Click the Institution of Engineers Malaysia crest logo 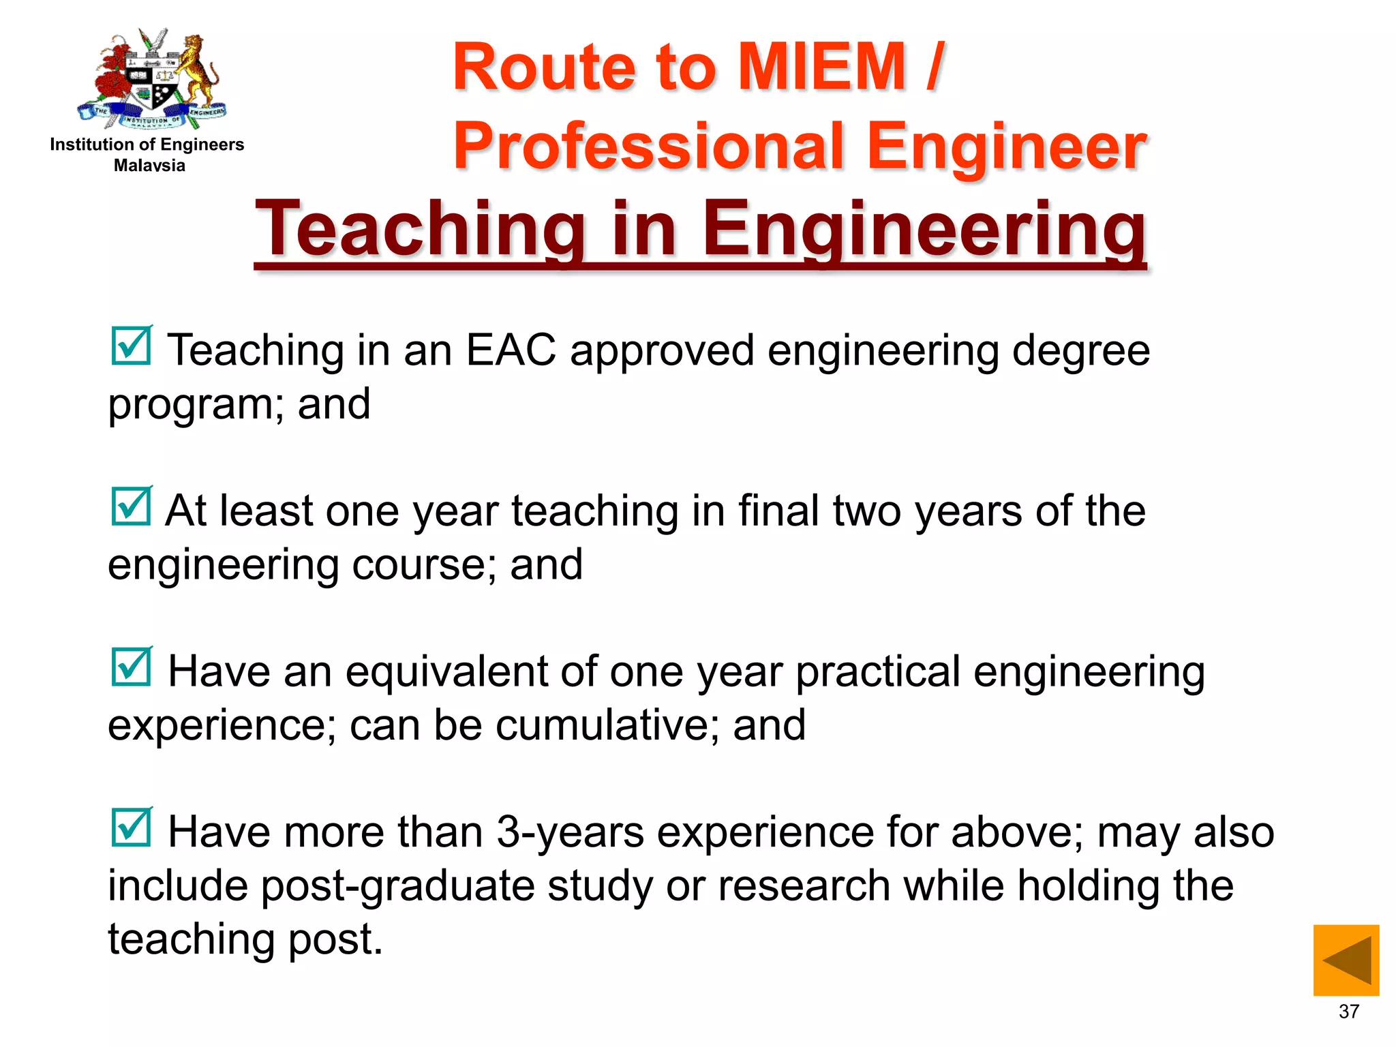153,78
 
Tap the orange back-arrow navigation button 1346,960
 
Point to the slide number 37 1349,1012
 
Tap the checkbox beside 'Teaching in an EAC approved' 131,346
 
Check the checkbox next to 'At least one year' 131,506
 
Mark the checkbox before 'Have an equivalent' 131,667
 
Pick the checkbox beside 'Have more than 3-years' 131,828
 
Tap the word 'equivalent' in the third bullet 446,671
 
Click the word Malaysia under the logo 149,165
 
